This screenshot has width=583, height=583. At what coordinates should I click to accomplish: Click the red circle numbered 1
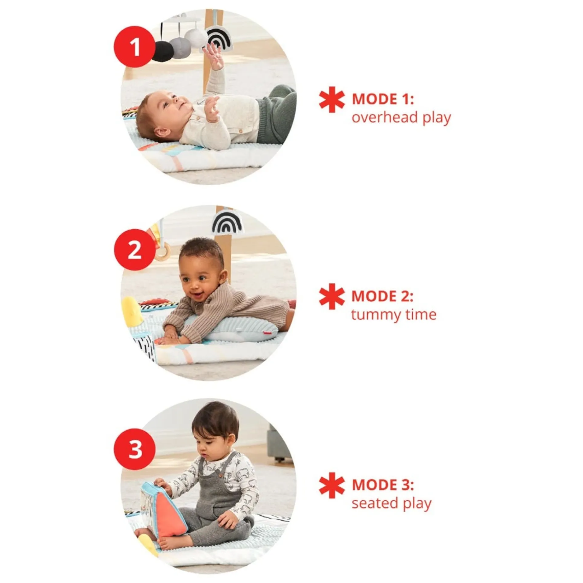click(x=135, y=47)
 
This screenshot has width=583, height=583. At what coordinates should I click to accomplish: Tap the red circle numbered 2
click(x=135, y=249)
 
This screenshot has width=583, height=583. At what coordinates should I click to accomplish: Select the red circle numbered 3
click(x=135, y=449)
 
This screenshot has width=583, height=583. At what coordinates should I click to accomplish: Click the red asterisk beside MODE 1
click(x=332, y=100)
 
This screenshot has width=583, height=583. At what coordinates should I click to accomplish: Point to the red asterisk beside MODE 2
click(x=332, y=296)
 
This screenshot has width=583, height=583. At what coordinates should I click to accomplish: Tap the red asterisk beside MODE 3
click(x=332, y=485)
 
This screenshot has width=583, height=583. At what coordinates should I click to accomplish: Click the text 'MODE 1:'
click(x=383, y=99)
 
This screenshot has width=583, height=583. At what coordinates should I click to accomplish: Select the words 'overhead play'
click(x=401, y=118)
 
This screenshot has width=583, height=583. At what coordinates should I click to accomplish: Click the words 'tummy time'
click(x=394, y=315)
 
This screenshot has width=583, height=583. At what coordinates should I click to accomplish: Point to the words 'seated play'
click(x=392, y=503)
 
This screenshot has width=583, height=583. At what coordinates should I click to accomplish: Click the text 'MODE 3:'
click(x=383, y=485)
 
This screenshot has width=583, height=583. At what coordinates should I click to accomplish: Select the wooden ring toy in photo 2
click(x=162, y=253)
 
